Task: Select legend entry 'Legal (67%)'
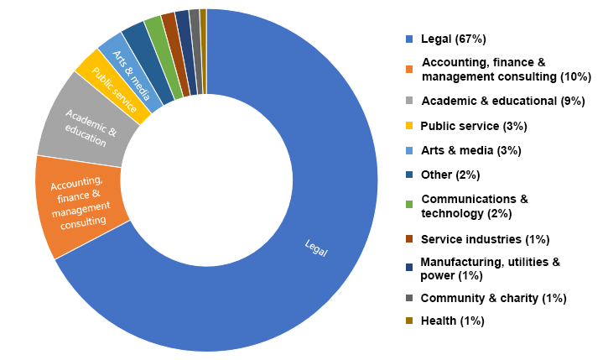tap(454, 39)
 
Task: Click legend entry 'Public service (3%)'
tap(474, 126)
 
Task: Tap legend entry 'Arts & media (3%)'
tap(470, 150)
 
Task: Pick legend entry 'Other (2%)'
tap(450, 175)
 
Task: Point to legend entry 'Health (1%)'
tap(453, 321)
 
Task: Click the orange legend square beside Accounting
tap(409, 70)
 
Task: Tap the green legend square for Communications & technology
tap(409, 206)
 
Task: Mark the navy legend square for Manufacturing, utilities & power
tap(409, 269)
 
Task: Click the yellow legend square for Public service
tap(409, 126)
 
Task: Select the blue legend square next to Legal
tap(409, 39)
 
